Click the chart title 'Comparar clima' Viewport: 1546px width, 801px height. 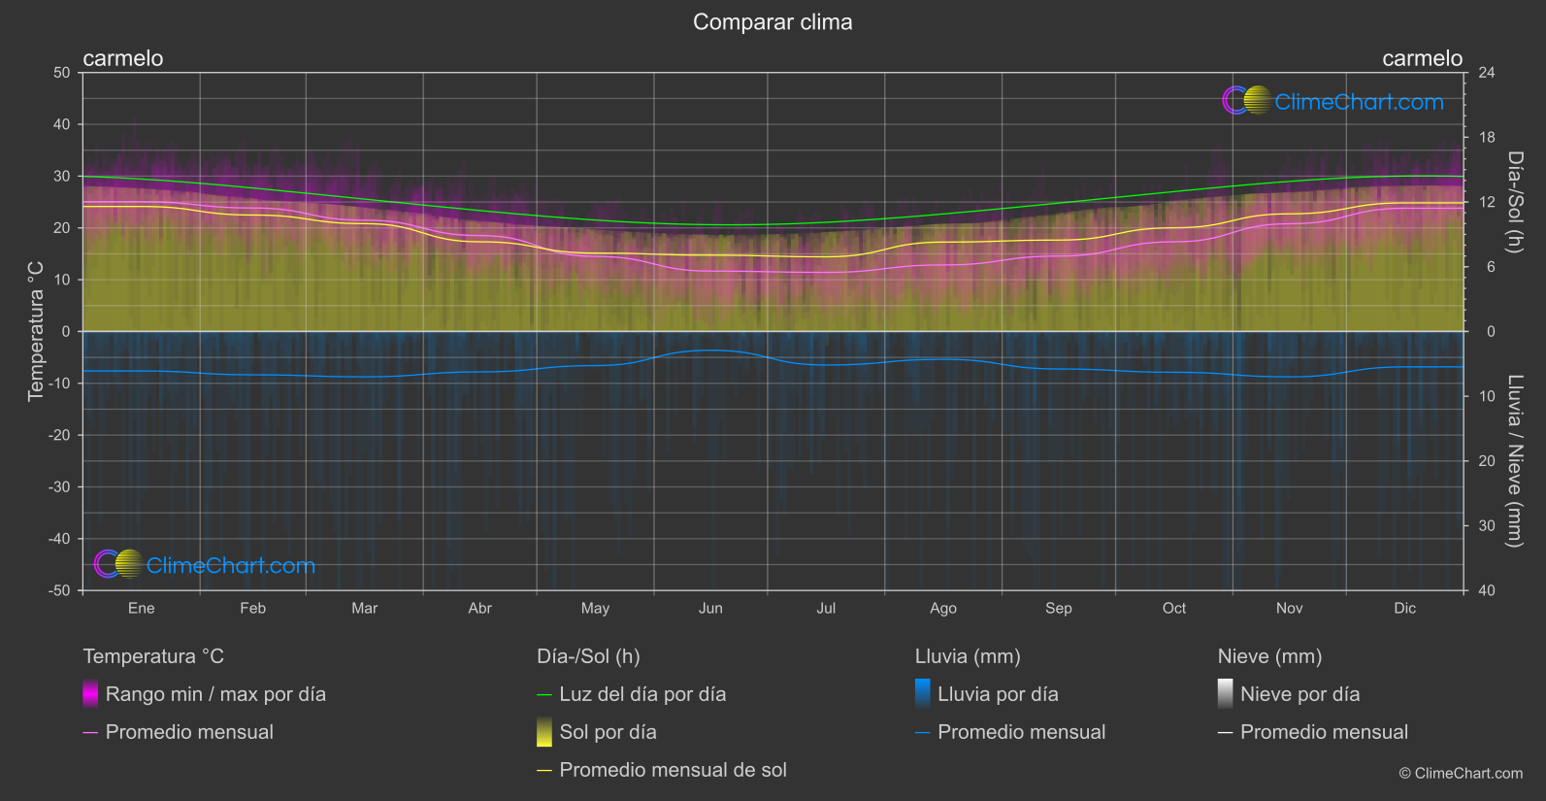(x=773, y=22)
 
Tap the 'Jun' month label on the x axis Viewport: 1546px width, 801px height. (x=710, y=608)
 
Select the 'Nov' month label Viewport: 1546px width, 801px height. (x=1289, y=608)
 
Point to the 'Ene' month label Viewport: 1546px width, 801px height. (x=142, y=608)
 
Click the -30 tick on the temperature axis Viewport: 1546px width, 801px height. (x=60, y=487)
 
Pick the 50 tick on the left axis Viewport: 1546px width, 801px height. (x=62, y=73)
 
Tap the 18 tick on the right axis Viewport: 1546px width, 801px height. (x=1486, y=138)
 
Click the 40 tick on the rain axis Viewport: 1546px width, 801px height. (x=1486, y=590)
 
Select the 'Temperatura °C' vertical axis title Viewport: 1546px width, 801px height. (x=36, y=330)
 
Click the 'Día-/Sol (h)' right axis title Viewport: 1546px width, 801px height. (x=1515, y=202)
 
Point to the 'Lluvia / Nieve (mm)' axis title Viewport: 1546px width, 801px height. (x=1515, y=461)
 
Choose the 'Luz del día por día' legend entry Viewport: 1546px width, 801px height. (x=642, y=694)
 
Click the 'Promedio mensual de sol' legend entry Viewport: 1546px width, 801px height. (x=673, y=770)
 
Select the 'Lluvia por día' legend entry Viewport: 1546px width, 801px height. (x=998, y=694)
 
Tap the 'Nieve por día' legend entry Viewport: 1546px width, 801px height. (x=1299, y=694)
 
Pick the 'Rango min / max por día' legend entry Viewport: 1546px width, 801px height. (x=215, y=694)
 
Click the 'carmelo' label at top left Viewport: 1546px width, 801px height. (x=123, y=58)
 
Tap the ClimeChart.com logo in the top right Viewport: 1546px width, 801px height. (x=1333, y=101)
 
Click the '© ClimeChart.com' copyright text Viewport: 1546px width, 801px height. (x=1461, y=773)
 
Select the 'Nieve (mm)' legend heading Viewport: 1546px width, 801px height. (x=1269, y=656)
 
